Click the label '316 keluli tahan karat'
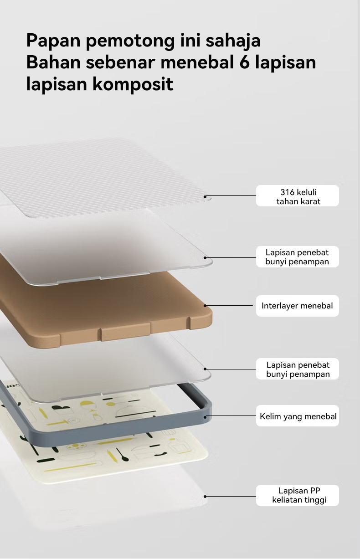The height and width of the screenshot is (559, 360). (298, 196)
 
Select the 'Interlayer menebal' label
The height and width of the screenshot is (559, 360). (297, 306)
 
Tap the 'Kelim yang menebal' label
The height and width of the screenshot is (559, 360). (298, 416)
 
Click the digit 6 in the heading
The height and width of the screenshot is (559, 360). (244, 62)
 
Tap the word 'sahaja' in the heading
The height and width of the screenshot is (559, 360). (233, 41)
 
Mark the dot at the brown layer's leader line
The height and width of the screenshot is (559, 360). (205, 306)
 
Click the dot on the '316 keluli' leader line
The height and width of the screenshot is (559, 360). (205, 197)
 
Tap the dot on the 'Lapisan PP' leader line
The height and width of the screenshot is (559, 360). (205, 496)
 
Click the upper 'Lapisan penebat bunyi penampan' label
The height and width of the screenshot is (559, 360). (297, 257)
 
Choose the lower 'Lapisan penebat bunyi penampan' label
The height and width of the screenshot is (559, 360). (298, 369)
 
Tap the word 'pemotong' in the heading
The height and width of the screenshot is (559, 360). (130, 41)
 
